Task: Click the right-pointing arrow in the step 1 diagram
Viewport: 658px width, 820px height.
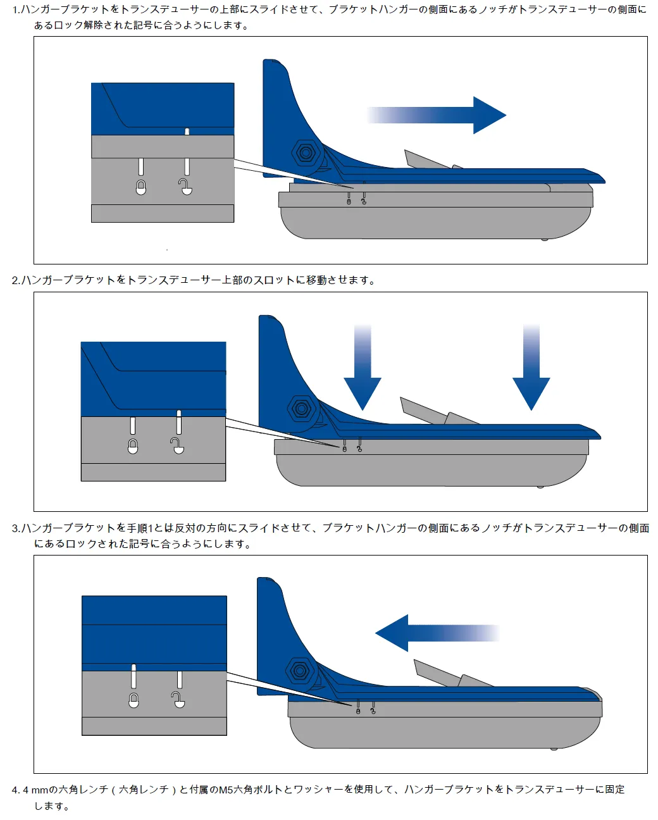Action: [443, 115]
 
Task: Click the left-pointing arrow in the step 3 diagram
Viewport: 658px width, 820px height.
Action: [430, 633]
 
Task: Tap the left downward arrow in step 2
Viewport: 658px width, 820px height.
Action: [363, 373]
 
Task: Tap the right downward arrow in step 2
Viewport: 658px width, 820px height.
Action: [531, 373]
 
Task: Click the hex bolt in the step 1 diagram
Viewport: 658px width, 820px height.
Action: [306, 153]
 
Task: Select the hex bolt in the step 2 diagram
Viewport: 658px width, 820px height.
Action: [302, 409]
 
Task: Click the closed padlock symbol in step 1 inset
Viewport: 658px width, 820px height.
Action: [141, 187]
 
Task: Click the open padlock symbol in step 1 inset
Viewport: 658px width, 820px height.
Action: [185, 187]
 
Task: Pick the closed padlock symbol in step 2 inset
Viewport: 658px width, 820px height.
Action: [133, 446]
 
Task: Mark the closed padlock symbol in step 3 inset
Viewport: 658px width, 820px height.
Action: [133, 700]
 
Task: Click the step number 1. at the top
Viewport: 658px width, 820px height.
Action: [16, 10]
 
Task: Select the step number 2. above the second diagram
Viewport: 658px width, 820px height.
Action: [16, 280]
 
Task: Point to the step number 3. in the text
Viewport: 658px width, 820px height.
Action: [16, 528]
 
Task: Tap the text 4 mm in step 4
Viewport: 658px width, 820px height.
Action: [36, 790]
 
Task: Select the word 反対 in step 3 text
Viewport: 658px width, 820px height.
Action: [185, 528]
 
